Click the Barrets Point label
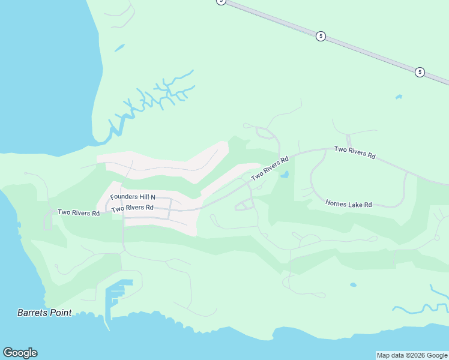click(44, 313)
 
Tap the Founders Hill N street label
click(133, 197)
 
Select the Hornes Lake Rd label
click(348, 205)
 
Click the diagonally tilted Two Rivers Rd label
click(270, 169)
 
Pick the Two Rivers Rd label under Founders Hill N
click(133, 208)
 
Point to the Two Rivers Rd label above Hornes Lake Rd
click(354, 152)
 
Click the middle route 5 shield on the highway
click(321, 36)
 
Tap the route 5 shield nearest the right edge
click(420, 72)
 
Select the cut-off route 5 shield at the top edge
click(221, 2)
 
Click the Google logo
click(20, 353)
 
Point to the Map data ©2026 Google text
click(412, 355)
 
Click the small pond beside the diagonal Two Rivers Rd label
click(285, 175)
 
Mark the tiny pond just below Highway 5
click(399, 96)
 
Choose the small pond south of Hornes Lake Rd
click(352, 285)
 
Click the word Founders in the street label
click(124, 197)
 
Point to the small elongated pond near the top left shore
click(119, 47)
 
